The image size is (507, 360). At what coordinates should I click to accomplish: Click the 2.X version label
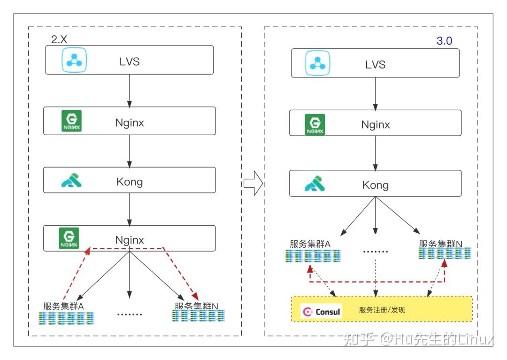click(59, 39)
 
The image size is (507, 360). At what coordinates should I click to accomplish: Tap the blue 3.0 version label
click(444, 41)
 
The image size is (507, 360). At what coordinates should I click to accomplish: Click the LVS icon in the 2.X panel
click(74, 60)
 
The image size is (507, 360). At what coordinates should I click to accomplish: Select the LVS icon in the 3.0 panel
click(317, 63)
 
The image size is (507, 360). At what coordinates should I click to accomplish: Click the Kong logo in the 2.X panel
click(71, 180)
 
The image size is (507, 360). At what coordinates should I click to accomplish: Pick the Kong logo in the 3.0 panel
click(315, 184)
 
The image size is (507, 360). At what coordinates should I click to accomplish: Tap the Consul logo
click(321, 311)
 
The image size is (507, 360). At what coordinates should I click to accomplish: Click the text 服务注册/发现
click(382, 310)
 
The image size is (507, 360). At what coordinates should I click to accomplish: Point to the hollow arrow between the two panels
click(253, 183)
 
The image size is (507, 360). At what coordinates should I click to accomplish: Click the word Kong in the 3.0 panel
click(376, 185)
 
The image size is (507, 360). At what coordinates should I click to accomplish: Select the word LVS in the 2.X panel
click(130, 61)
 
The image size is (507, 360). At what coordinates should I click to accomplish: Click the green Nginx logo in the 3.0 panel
click(315, 124)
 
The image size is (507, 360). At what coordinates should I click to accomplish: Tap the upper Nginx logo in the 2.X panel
click(71, 121)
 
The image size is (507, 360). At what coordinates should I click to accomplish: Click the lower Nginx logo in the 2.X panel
click(69, 238)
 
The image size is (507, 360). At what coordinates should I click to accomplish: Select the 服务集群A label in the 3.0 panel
click(310, 244)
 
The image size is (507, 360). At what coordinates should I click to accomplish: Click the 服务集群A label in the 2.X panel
click(63, 306)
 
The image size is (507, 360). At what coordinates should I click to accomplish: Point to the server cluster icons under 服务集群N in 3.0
click(445, 253)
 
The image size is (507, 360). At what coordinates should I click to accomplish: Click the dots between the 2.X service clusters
click(130, 314)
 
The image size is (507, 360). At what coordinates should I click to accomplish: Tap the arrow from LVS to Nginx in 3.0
click(376, 94)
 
